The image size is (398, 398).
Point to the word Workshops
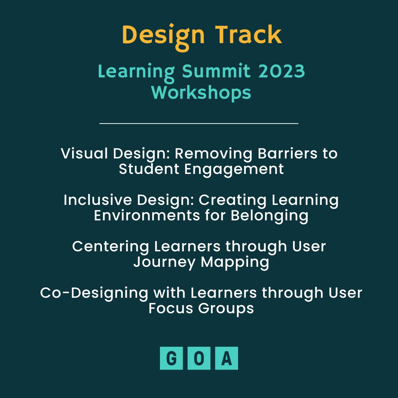201,92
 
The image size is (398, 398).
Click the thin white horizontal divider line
199,124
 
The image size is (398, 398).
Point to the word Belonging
269,216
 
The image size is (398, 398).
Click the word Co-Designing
94,293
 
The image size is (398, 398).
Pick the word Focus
171,308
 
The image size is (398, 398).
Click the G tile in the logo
171,358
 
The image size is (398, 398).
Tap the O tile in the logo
199,358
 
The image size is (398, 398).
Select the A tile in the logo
227,358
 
